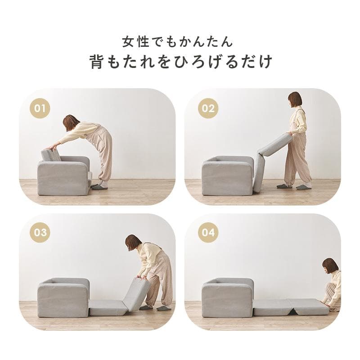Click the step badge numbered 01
click(x=40, y=108)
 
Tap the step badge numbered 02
click(x=208, y=108)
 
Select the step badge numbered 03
click(x=40, y=233)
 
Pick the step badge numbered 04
click(x=208, y=233)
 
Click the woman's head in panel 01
click(x=71, y=122)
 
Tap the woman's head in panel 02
click(x=295, y=99)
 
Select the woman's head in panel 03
click(x=132, y=243)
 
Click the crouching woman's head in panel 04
click(x=330, y=265)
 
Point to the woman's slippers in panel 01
click(x=100, y=186)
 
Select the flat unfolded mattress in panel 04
click(x=290, y=308)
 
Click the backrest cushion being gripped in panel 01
click(x=51, y=155)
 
